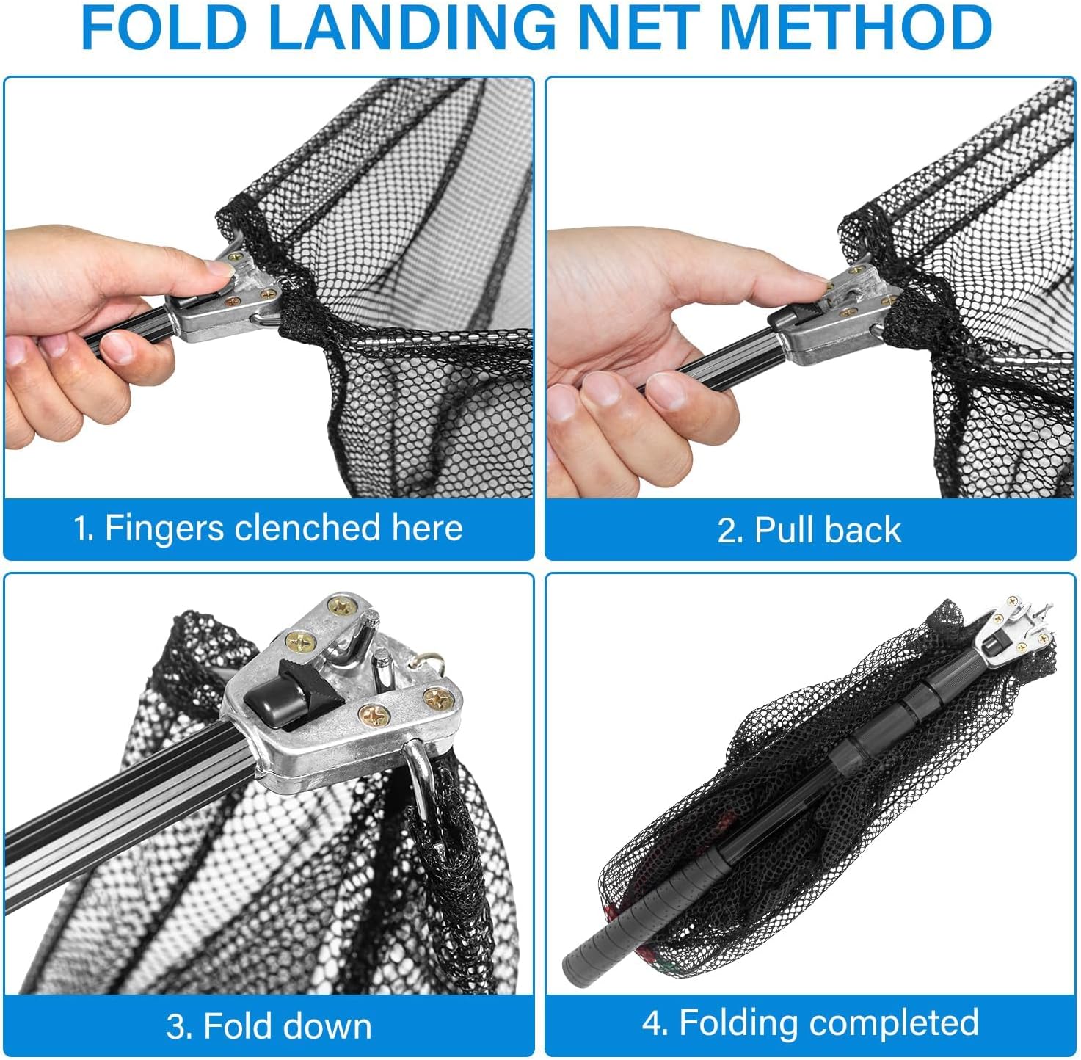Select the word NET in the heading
tap(638, 28)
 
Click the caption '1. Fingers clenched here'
tap(269, 529)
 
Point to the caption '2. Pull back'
tap(809, 530)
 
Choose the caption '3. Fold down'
tap(269, 1026)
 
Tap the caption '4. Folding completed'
tap(810, 1023)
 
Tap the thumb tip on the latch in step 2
tap(813, 281)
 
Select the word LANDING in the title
tap(411, 28)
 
